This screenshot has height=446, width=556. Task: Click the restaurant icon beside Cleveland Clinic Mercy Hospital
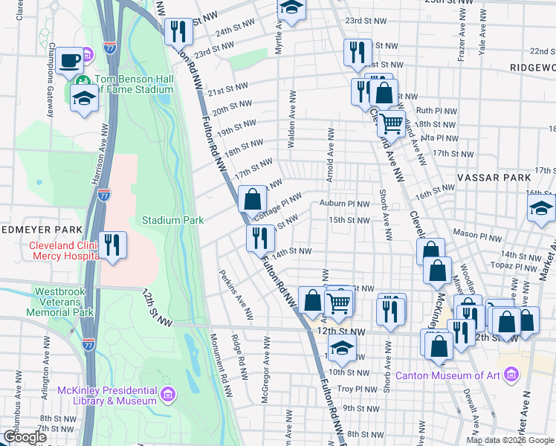(112, 245)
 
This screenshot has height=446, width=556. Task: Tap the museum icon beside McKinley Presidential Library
(168, 393)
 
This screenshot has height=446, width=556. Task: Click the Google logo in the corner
(25, 436)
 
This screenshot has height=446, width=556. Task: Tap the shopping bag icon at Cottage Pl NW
(253, 198)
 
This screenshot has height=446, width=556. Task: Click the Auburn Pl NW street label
(344, 203)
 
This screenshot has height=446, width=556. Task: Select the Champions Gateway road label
(52, 87)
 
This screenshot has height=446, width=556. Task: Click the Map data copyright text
(510, 440)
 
